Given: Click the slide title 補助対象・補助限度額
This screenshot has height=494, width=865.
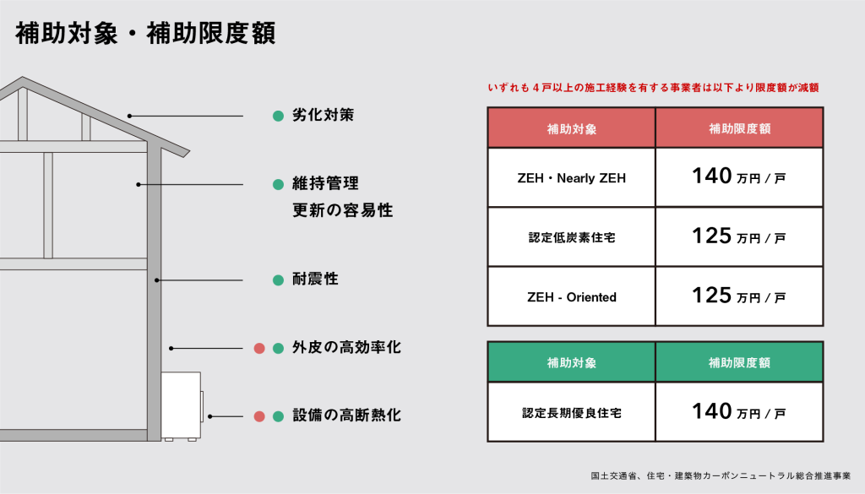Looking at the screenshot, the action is coord(145,34).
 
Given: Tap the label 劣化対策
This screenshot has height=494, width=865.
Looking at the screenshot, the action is coord(323,115).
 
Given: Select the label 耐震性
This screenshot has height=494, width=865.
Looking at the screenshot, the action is coord(315,279).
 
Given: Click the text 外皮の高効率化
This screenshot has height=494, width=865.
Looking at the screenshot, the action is coord(346,347).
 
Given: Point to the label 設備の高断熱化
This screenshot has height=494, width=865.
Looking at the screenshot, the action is coord(346,415).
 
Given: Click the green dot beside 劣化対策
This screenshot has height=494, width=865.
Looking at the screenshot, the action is coord(279,116).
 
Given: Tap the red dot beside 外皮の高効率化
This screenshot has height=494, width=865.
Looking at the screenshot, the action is coord(259,349).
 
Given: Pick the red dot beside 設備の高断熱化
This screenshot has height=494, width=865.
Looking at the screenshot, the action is coord(259,417).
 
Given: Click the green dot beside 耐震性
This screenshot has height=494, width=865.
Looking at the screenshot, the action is coord(279,280).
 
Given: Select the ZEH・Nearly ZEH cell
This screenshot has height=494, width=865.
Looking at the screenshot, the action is coord(572,178).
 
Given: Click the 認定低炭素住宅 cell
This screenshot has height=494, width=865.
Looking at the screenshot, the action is coord(572,237).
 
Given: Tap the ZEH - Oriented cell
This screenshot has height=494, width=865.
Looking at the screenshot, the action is coord(572,297).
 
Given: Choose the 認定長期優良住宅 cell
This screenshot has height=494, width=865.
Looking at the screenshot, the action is coord(572,413).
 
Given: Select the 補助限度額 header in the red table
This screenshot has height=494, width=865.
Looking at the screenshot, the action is coord(739,128).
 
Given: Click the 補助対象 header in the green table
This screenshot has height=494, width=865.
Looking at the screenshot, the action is coord(572,362).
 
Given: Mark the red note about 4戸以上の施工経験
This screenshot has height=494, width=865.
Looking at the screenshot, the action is coord(653,88).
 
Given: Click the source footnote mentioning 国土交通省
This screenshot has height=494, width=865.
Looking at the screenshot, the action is coord(721,475).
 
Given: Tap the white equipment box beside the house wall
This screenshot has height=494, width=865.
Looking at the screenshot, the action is coord(182,406).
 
